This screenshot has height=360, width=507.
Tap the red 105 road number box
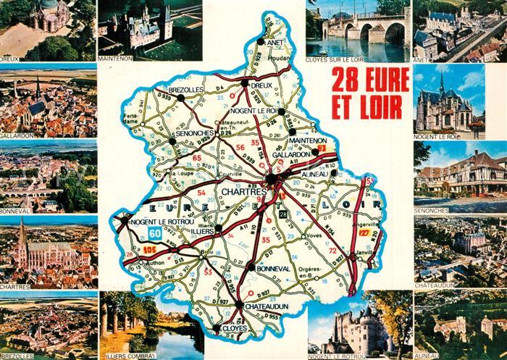(x=150, y=249)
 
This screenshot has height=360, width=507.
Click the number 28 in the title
(x=344, y=78)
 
